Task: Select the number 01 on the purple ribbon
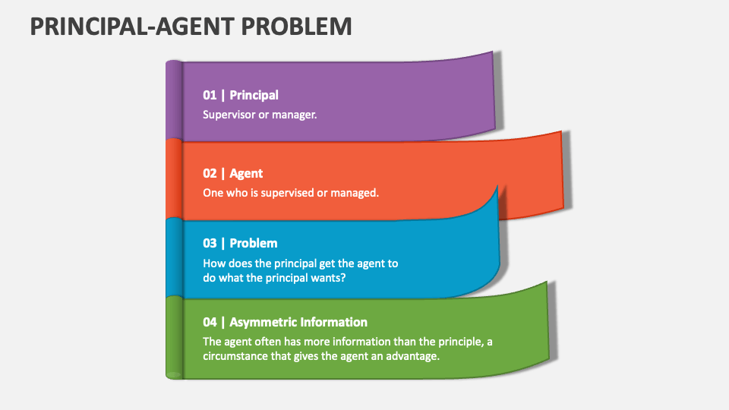[x=210, y=95]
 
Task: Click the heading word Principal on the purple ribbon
[x=254, y=95]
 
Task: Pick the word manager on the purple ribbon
[x=295, y=115]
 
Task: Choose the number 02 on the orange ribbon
[x=210, y=173]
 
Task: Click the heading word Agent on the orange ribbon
[x=246, y=173]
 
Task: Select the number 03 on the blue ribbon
[x=210, y=243]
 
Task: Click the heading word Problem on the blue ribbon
[x=254, y=243]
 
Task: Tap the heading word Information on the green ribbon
[x=334, y=322]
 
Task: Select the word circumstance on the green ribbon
[x=238, y=356]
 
